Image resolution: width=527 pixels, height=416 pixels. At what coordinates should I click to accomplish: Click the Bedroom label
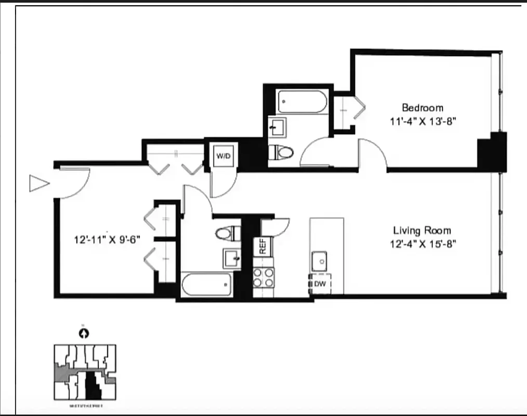coord(423,108)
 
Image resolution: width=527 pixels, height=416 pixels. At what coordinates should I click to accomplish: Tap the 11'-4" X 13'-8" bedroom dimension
coord(424,122)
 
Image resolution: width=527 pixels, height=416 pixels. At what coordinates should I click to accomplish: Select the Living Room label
coord(421,230)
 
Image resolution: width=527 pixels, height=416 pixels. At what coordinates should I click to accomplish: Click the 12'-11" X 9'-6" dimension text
coord(107,240)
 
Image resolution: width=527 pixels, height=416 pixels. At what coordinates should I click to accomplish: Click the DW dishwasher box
coord(320,283)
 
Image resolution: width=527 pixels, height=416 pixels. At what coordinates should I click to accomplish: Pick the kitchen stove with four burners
coord(263,277)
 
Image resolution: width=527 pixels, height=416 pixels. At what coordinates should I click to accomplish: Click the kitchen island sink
coord(320,259)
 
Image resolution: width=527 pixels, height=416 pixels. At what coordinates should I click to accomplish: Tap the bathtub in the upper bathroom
coord(302,102)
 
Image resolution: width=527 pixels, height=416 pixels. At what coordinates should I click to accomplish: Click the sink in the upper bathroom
coord(276,127)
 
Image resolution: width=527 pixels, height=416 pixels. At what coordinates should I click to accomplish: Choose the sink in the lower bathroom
coord(232,257)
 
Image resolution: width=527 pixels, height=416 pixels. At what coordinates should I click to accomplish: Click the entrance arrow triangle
coord(39,183)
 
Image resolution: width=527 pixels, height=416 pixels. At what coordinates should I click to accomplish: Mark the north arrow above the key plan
coord(84,333)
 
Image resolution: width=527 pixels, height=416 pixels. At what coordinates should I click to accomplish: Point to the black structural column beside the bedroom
coord(492,152)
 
